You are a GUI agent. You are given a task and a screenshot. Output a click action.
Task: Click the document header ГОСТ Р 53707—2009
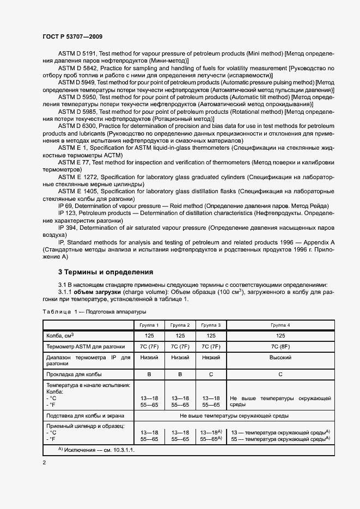click(x=72, y=35)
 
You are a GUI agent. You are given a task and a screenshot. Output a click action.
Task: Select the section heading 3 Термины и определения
click(x=106, y=272)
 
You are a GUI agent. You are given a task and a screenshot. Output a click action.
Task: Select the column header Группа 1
click(x=149, y=324)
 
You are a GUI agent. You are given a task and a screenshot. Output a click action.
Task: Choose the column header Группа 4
click(x=280, y=324)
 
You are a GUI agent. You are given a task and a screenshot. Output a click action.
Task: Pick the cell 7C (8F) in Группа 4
click(x=280, y=346)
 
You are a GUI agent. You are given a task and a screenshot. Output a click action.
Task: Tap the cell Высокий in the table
click(x=280, y=358)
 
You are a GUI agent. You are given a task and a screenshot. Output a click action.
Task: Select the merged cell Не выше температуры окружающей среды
click(x=234, y=415)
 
